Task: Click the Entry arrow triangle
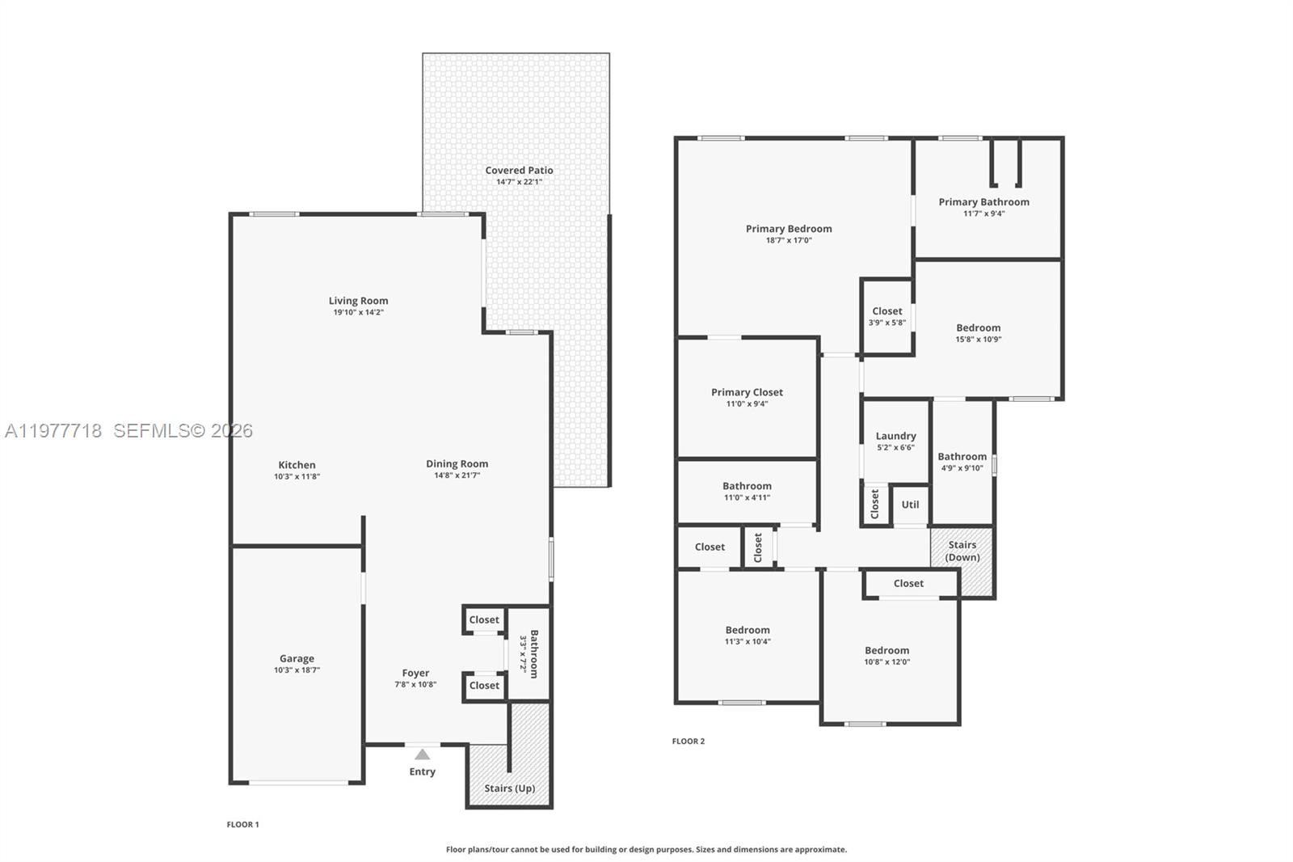(422, 754)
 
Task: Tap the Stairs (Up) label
(509, 788)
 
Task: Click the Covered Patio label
(519, 171)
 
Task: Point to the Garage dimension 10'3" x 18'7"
(297, 670)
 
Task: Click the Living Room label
(358, 301)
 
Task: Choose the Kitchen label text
(297, 465)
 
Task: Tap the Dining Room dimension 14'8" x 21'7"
(457, 475)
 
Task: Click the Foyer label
(415, 673)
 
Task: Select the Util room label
(910, 505)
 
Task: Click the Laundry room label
(895, 436)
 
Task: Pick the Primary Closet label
(747, 392)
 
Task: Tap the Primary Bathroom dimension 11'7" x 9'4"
(983, 213)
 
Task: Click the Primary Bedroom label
(789, 229)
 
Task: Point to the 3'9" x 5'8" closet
(887, 316)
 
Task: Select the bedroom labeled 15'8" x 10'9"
(978, 332)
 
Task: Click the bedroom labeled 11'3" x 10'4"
(747, 635)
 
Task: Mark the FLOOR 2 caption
(689, 741)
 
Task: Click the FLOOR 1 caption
(242, 825)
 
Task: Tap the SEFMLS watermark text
(183, 431)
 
